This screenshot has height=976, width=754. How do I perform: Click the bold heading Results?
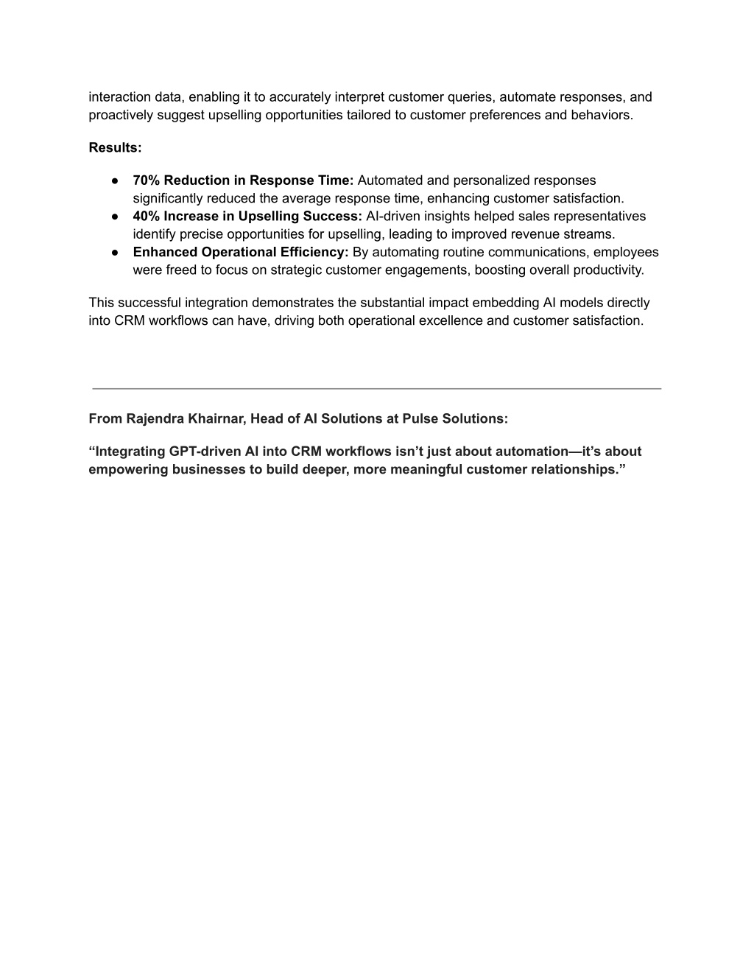115,147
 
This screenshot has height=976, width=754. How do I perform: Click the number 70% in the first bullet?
147,180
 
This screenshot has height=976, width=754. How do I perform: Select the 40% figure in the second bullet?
147,217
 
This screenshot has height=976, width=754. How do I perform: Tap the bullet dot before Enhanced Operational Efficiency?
116,253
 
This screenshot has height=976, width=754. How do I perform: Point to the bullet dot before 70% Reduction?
116,180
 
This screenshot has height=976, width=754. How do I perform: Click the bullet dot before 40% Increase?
116,217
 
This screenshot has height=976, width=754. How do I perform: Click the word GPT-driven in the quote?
205,452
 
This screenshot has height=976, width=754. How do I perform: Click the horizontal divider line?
376,388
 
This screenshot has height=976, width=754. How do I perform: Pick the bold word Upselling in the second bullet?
269,217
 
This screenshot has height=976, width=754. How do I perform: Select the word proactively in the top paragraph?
121,116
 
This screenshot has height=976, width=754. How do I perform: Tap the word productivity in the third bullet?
607,270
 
